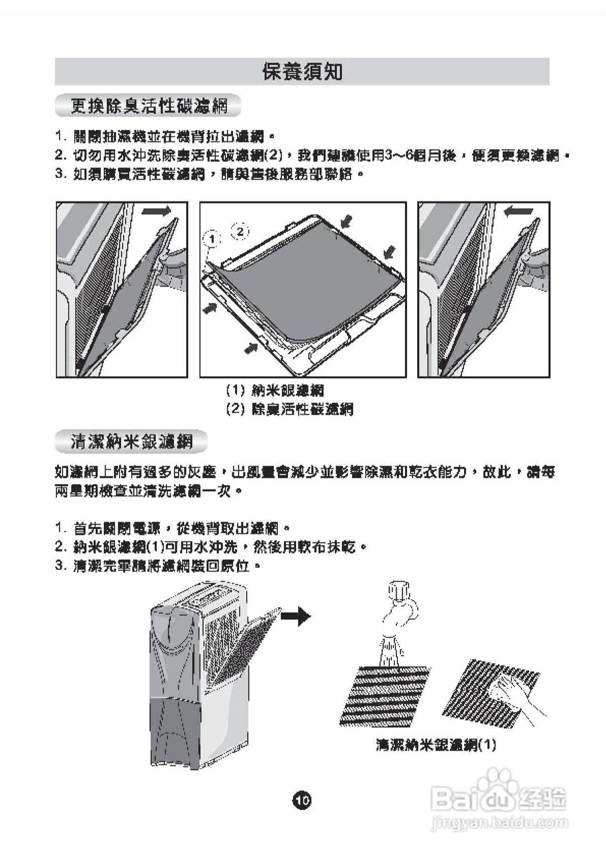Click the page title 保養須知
pyautogui.click(x=302, y=72)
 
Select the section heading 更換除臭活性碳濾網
pyautogui.click(x=149, y=106)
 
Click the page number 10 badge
pyautogui.click(x=303, y=799)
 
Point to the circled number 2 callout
pyautogui.click(x=240, y=231)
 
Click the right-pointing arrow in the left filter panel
pyautogui.click(x=157, y=212)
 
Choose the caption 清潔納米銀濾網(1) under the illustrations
pyautogui.click(x=436, y=745)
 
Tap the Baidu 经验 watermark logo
pyautogui.click(x=500, y=796)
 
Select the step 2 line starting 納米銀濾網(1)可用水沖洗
pyautogui.click(x=212, y=547)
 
